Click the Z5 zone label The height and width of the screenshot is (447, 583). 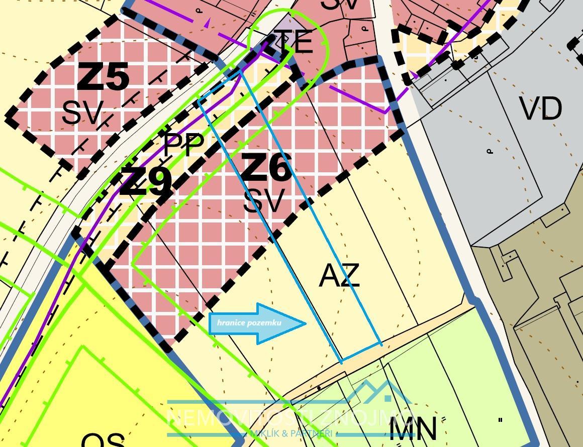104,77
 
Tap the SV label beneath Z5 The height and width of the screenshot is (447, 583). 82,113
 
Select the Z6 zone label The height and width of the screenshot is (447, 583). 266,167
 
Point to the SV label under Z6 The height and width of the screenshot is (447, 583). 264,201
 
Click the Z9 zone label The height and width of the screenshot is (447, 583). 146,182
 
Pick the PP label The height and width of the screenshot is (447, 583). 184,144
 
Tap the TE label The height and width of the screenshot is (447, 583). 294,42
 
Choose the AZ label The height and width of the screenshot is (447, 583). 339,276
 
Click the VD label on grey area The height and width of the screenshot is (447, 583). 540,108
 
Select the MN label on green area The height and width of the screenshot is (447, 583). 413,429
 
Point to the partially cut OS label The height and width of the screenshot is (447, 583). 103,440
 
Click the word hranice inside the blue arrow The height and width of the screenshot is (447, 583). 232,322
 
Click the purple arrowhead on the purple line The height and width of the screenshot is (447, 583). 207,22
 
